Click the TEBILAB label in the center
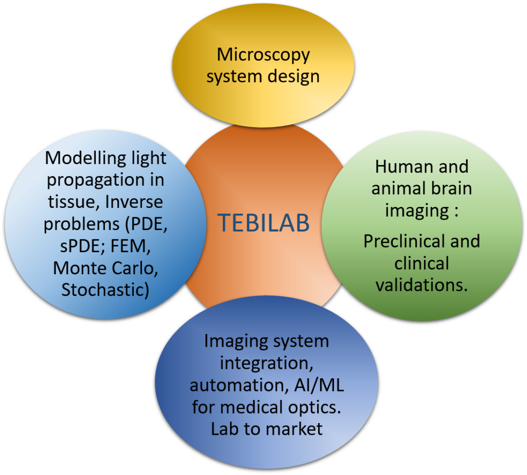(x=263, y=222)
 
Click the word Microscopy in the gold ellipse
(x=263, y=55)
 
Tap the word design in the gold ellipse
(x=293, y=76)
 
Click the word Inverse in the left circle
(x=133, y=202)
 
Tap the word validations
(x=421, y=285)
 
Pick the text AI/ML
(x=319, y=385)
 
